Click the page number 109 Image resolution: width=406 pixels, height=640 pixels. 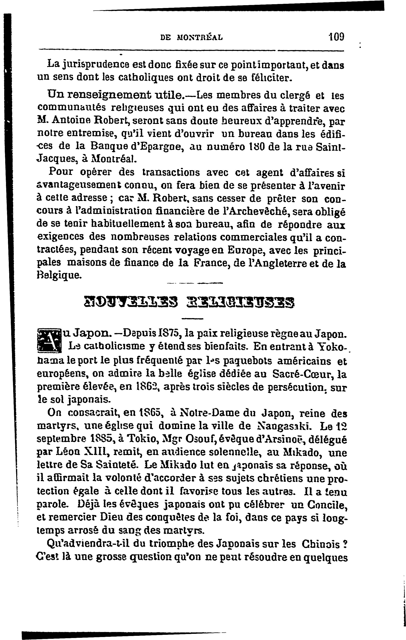click(336, 36)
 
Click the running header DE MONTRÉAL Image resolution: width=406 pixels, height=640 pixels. click(191, 38)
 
